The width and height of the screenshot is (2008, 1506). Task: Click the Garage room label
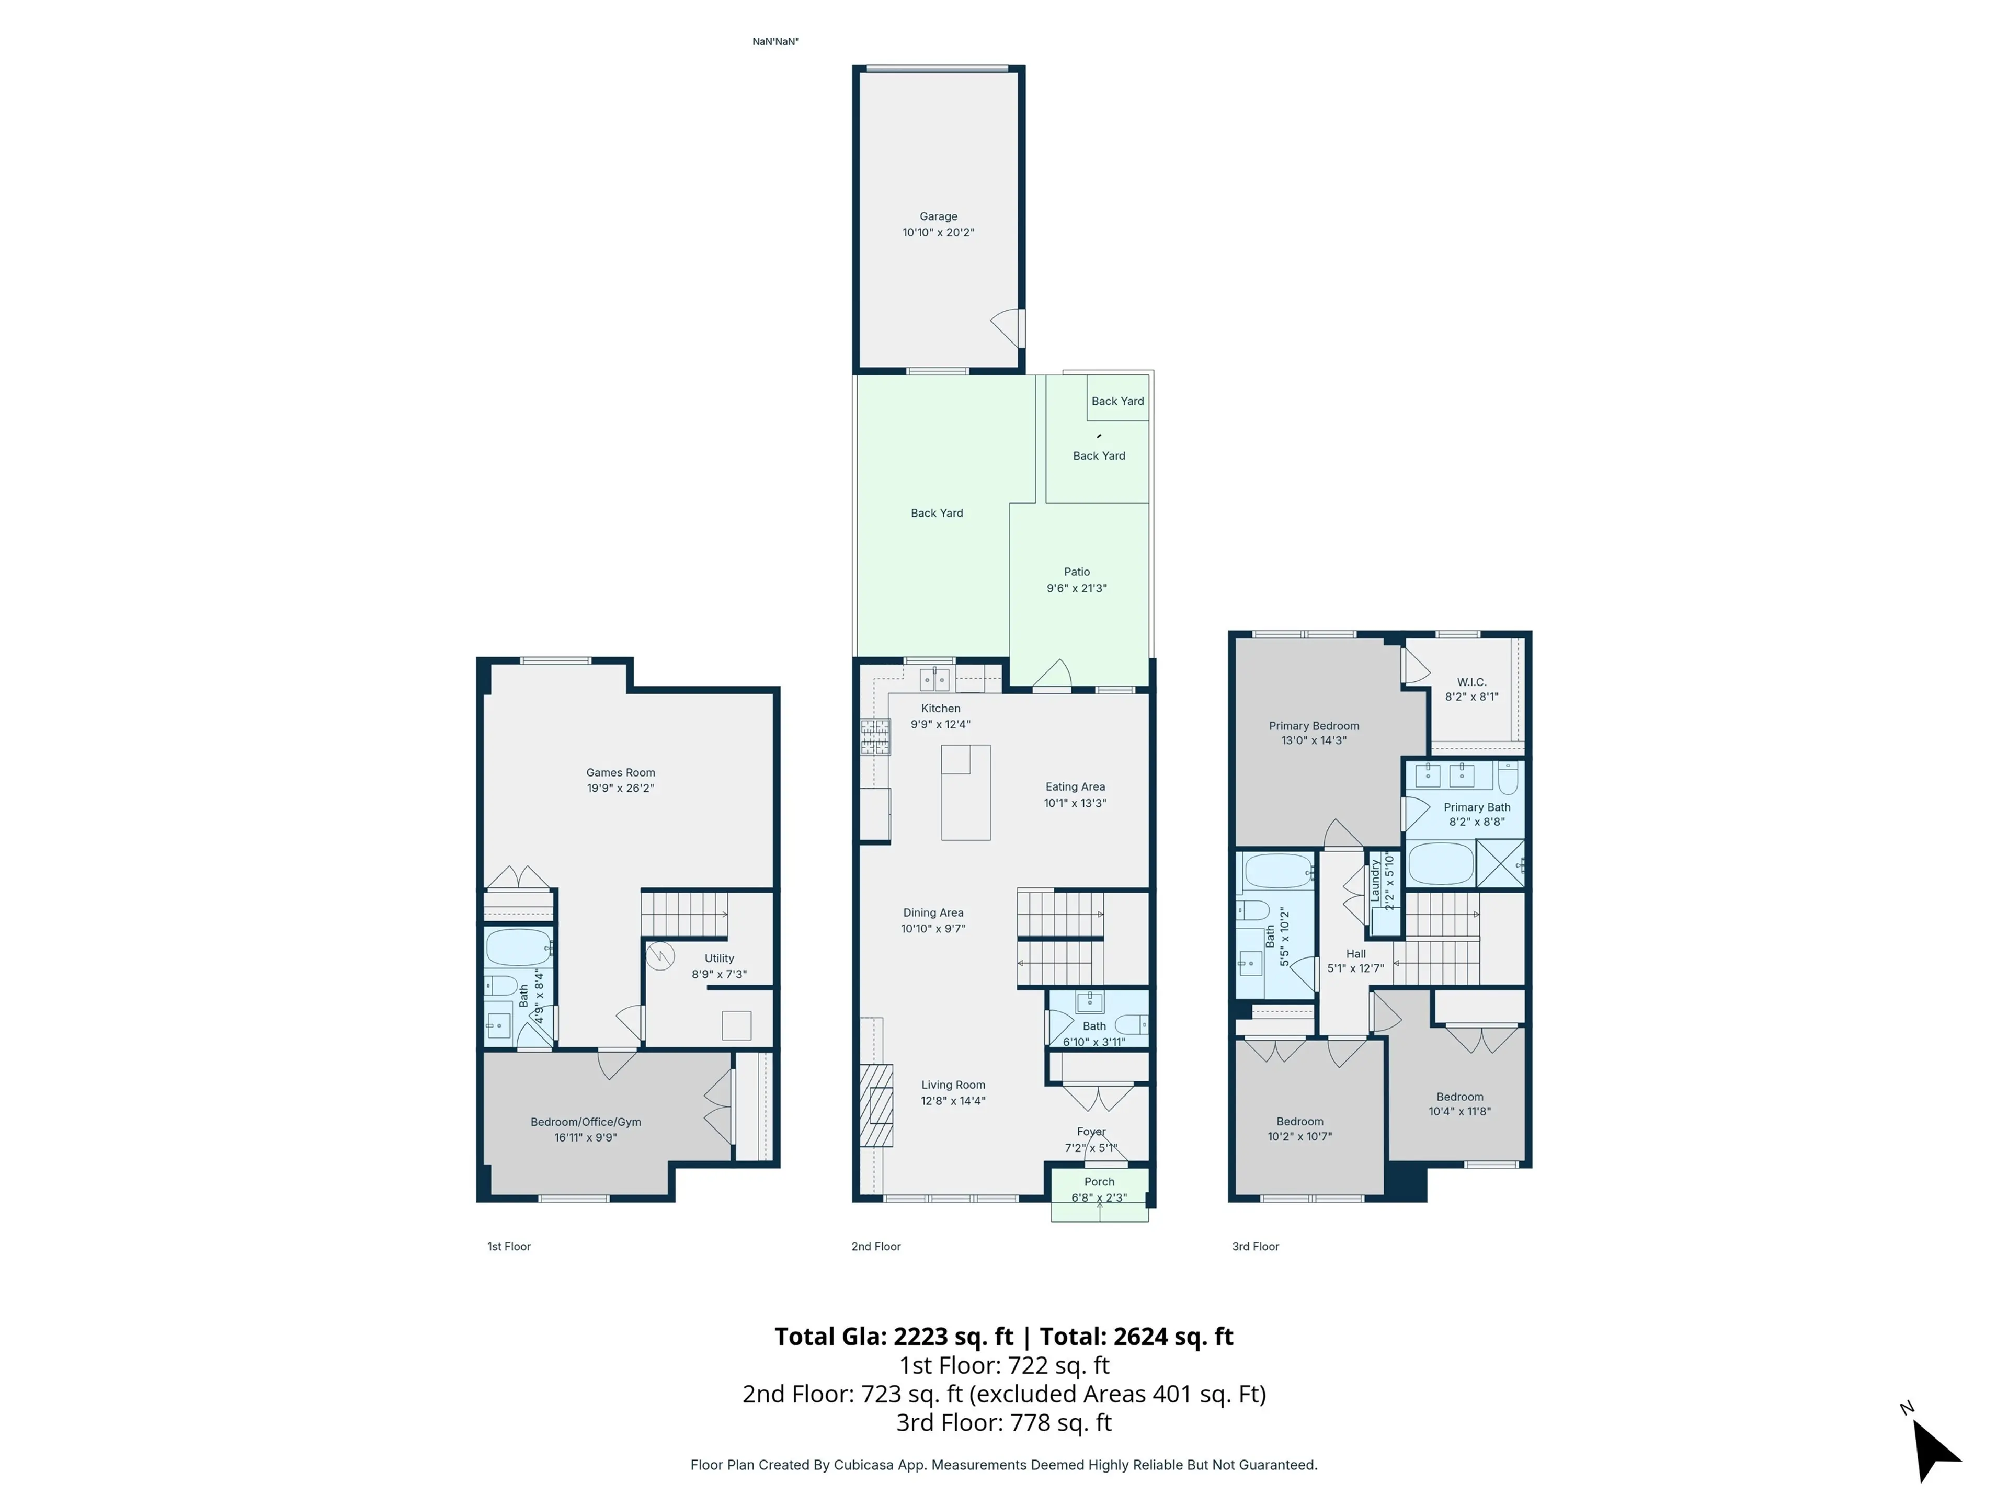tap(938, 216)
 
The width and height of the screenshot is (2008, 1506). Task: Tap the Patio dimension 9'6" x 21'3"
tap(1077, 588)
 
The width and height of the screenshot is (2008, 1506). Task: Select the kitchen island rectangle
tap(965, 792)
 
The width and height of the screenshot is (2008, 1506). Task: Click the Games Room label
tap(620, 772)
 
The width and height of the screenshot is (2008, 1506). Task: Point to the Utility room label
tap(719, 957)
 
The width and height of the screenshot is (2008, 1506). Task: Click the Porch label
tap(1099, 1181)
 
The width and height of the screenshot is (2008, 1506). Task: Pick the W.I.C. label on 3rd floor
tap(1470, 682)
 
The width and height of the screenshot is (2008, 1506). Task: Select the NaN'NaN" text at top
tap(775, 42)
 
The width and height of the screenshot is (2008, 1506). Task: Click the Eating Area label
tap(1075, 787)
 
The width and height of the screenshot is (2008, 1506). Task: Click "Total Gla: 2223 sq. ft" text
tap(893, 1336)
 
